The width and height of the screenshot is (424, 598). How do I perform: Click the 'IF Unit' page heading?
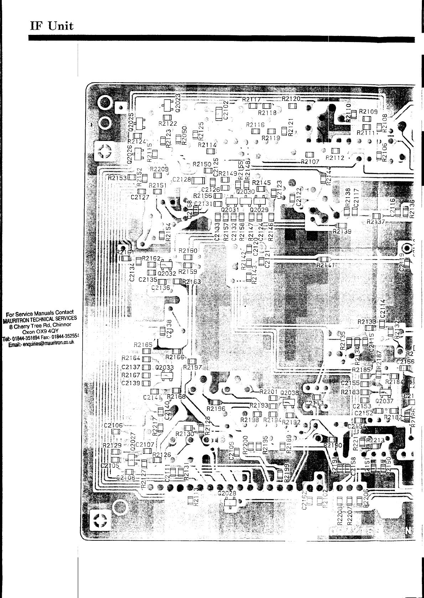52,26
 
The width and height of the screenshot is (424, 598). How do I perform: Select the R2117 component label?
252,99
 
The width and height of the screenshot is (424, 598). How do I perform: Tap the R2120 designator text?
291,99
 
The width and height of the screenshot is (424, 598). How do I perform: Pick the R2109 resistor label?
368,111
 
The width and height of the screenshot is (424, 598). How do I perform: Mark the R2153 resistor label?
117,177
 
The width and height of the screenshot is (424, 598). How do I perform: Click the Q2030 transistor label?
245,192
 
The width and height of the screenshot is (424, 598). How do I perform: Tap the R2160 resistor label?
188,251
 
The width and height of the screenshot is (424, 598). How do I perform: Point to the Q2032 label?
167,273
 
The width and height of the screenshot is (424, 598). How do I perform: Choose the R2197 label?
192,367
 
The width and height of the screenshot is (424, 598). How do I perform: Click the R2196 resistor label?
216,409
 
